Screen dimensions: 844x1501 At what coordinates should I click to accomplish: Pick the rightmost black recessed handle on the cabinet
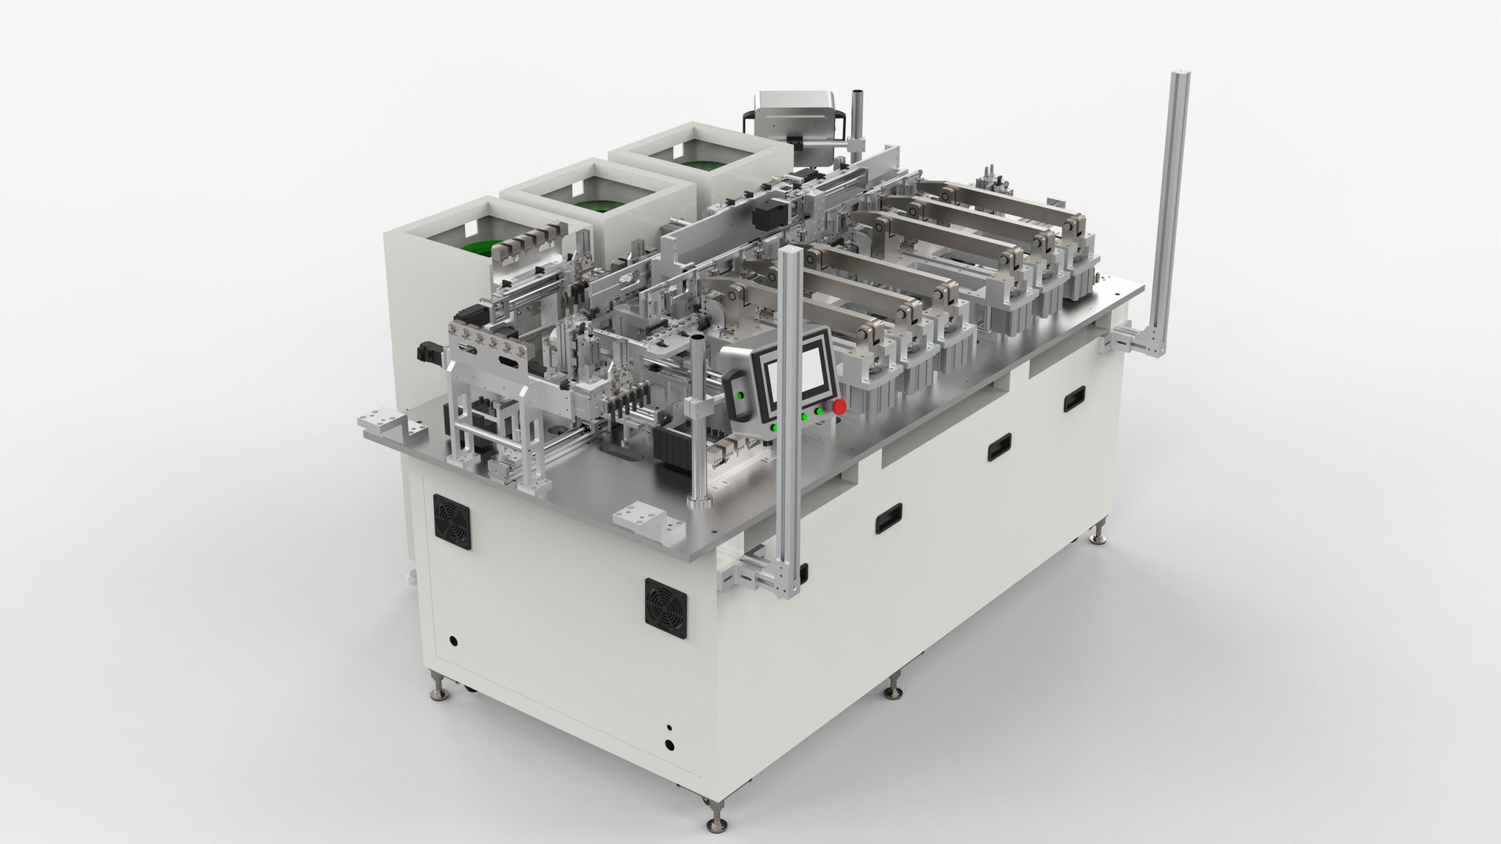pyautogui.click(x=1074, y=399)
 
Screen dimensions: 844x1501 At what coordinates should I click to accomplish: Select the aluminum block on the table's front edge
pyautogui.click(x=640, y=518)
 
